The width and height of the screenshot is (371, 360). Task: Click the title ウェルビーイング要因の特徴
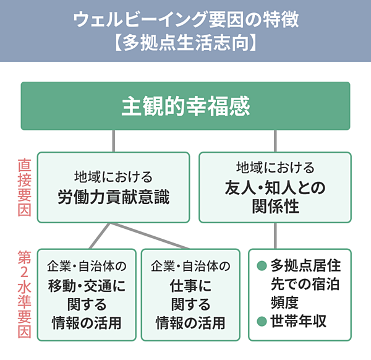click(185, 19)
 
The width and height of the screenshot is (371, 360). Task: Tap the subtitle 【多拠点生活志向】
click(185, 44)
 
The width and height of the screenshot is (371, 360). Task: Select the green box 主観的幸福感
click(185, 106)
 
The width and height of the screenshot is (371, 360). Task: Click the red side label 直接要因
click(23, 186)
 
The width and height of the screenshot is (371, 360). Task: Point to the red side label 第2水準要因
click(23, 294)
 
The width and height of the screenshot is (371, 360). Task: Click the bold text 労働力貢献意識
click(113, 198)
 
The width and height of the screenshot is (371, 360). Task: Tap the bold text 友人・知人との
click(275, 187)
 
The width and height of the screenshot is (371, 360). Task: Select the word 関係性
click(275, 207)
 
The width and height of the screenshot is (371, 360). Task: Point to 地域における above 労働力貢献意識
click(113, 178)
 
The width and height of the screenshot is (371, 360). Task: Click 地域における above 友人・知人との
click(275, 168)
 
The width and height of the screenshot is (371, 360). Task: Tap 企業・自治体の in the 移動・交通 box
click(87, 267)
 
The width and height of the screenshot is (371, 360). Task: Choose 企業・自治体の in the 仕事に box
click(190, 267)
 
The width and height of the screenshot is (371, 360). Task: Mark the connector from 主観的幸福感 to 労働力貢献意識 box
click(113, 141)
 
